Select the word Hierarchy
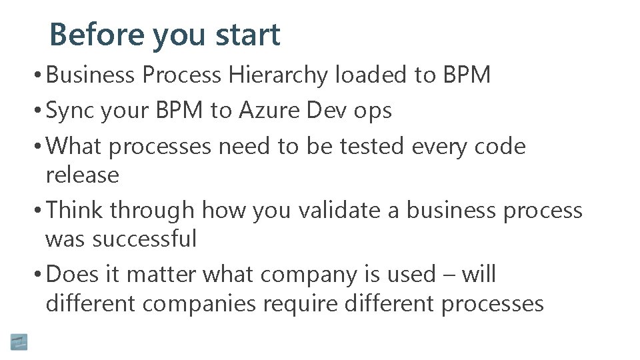click(279, 76)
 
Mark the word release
click(82, 175)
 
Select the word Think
click(75, 210)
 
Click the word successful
click(145, 239)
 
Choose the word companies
click(199, 305)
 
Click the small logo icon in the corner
click(19, 342)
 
